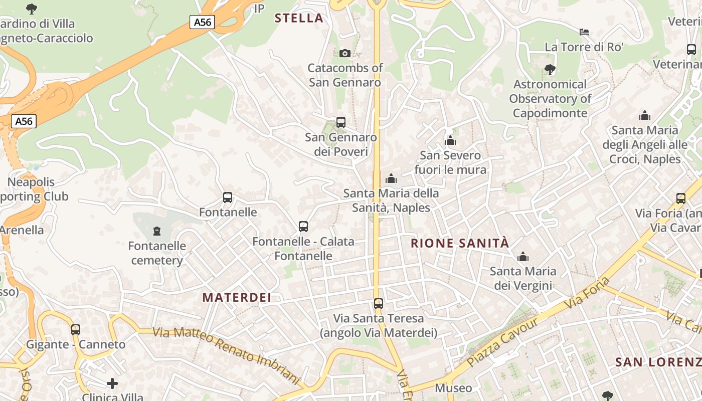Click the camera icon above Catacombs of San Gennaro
tap(345, 53)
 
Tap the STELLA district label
tap(299, 19)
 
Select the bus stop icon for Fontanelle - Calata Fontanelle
tap(303, 227)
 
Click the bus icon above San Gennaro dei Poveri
tap(341, 122)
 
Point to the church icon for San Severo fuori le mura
tap(450, 140)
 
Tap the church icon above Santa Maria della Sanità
tap(391, 178)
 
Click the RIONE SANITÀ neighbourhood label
tap(460, 244)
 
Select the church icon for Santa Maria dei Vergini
tap(523, 257)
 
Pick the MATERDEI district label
tap(237, 297)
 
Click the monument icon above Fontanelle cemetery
tap(157, 231)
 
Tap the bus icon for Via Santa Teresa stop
tap(379, 304)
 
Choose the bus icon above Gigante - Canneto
tap(76, 330)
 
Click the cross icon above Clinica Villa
tap(112, 384)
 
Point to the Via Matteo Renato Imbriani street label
tap(226, 355)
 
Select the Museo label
tap(453, 388)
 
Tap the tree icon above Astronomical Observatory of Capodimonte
tap(550, 70)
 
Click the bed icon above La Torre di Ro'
tap(584, 32)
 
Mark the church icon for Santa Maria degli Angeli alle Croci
tap(645, 116)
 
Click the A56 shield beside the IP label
tap(203, 22)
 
